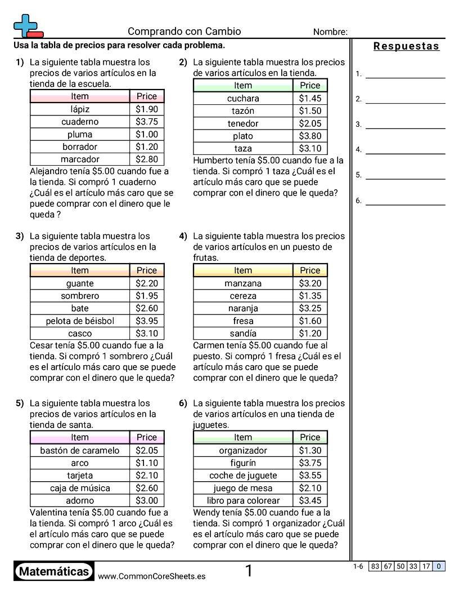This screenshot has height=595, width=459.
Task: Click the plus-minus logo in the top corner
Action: click(28, 26)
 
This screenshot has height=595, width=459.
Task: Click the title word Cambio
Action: click(223, 32)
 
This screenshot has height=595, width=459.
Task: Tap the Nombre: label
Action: click(330, 32)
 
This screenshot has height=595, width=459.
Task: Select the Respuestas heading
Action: click(406, 46)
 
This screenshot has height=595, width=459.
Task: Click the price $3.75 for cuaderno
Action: click(147, 122)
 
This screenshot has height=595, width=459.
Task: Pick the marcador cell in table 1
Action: click(80, 159)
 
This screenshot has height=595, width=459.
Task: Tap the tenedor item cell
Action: click(243, 123)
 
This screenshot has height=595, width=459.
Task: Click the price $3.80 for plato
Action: click(310, 136)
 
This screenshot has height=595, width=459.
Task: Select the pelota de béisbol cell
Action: click(80, 321)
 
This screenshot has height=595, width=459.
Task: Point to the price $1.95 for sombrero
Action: click(147, 296)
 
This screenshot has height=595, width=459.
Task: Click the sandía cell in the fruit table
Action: click(243, 334)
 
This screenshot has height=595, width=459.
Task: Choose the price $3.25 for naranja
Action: click(310, 308)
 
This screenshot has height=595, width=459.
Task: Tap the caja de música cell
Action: click(80, 488)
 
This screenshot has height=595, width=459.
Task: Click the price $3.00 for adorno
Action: click(147, 500)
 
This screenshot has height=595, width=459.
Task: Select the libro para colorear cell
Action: click(243, 500)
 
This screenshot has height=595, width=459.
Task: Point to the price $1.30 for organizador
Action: click(310, 450)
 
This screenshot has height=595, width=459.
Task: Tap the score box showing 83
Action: click(375, 567)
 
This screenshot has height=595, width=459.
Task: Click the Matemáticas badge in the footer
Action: click(54, 572)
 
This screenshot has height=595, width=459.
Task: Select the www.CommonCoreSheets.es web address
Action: click(151, 576)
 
